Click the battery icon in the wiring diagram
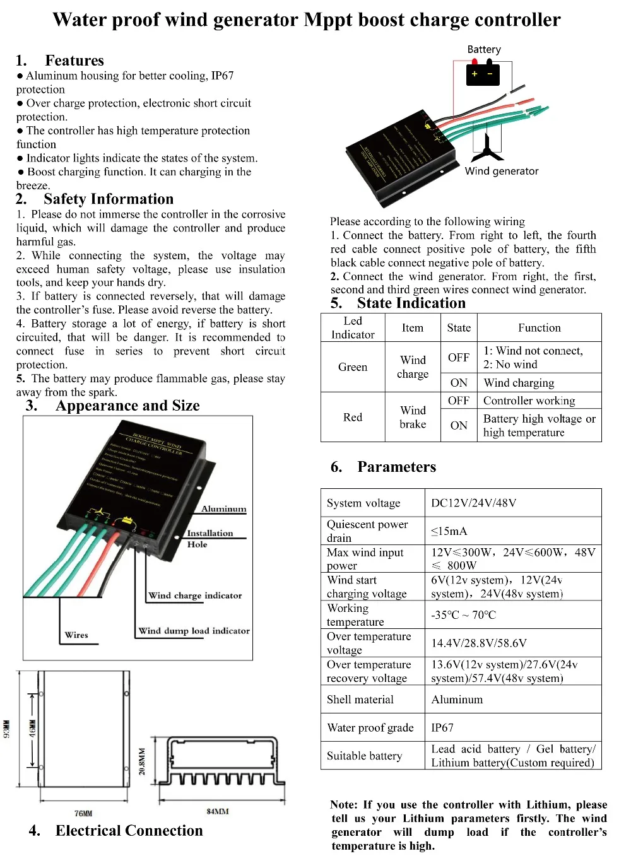(483, 74)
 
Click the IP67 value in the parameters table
(442, 727)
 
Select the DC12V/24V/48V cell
(473, 503)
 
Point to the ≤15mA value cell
(449, 531)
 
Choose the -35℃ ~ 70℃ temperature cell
(463, 615)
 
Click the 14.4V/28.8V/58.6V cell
(478, 643)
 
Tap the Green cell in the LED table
(352, 367)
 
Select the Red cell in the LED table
(352, 417)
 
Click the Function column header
(539, 328)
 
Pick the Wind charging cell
(519, 383)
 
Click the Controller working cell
(529, 401)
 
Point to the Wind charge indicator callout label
(195, 595)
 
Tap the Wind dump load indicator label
(194, 631)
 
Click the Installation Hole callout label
(209, 538)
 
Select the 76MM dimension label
(83, 814)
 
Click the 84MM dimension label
(218, 811)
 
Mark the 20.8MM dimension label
(142, 761)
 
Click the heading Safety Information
(109, 199)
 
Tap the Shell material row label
(360, 700)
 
